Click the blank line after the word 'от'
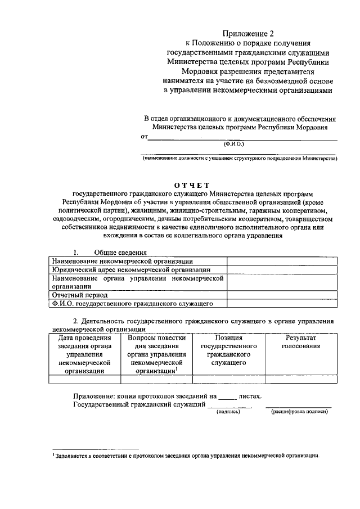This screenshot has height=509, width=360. tap(242, 137)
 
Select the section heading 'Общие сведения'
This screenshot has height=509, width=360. tap(120, 253)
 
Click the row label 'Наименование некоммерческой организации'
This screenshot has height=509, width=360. tap(122, 261)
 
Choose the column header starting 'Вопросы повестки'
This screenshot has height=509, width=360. tap(156, 354)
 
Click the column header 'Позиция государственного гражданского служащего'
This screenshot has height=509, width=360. tap(228, 350)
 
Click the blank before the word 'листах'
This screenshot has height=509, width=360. tap(227, 397)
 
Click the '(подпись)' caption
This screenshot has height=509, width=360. tap(228, 412)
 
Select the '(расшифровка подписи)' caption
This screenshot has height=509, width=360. tap(300, 412)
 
